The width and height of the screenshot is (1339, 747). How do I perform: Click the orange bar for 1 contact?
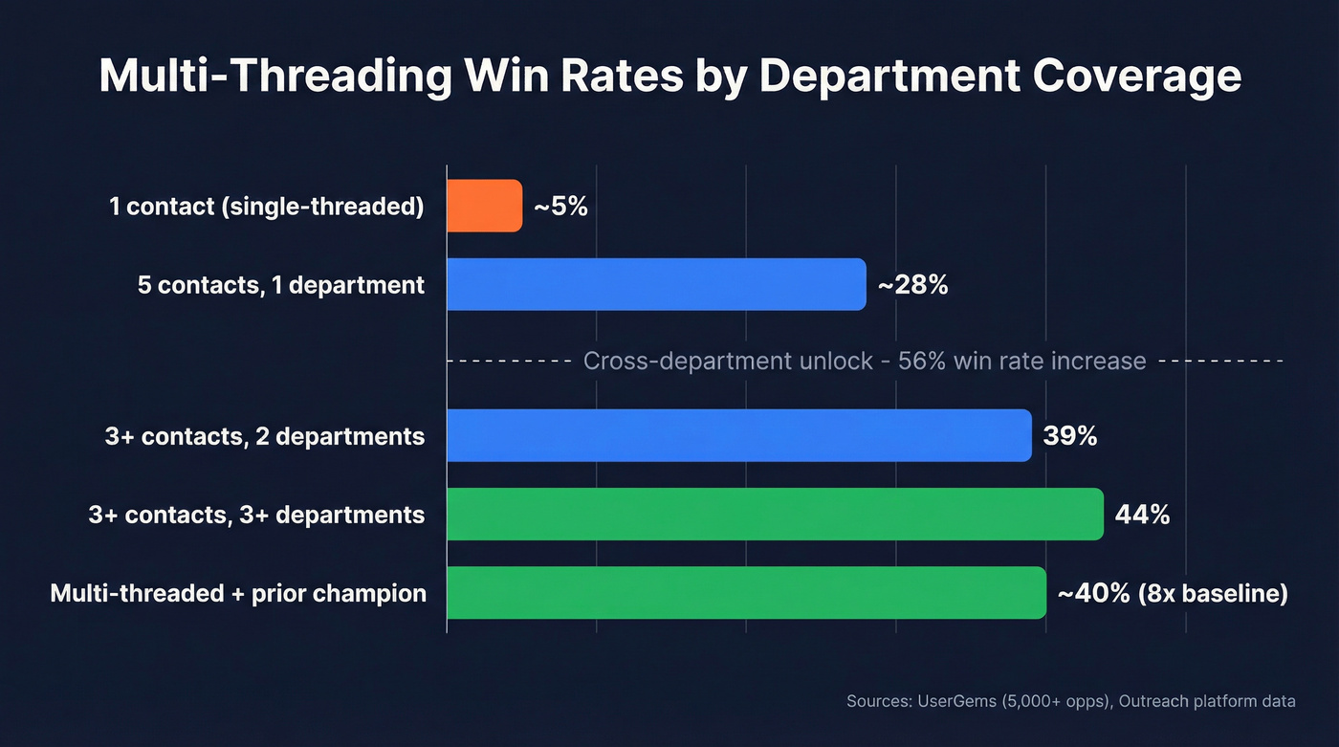pyautogui.click(x=485, y=206)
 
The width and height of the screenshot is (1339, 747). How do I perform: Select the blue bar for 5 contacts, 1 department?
pyautogui.click(x=656, y=284)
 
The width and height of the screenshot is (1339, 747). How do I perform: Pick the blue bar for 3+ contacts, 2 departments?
pyautogui.click(x=739, y=436)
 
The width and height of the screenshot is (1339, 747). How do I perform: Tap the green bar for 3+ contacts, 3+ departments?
pyautogui.click(x=775, y=515)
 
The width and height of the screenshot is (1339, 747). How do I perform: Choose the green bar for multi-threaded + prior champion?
pyautogui.click(x=746, y=593)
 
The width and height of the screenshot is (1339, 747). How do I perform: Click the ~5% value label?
pyautogui.click(x=560, y=206)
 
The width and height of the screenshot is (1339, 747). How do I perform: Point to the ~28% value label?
pyautogui.click(x=912, y=284)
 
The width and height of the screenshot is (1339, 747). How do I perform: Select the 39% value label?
pyautogui.click(x=1070, y=436)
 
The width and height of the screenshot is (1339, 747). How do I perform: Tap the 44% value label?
pyautogui.click(x=1142, y=515)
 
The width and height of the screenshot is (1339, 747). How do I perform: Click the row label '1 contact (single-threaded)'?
pyautogui.click(x=266, y=206)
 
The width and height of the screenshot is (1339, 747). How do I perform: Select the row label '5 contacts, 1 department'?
pyautogui.click(x=281, y=284)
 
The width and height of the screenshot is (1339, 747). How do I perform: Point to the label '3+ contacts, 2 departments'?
pyautogui.click(x=265, y=436)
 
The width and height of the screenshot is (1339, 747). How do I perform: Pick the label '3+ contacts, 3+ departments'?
pyautogui.click(x=256, y=515)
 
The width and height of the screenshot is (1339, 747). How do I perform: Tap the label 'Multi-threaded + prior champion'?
pyautogui.click(x=238, y=593)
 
